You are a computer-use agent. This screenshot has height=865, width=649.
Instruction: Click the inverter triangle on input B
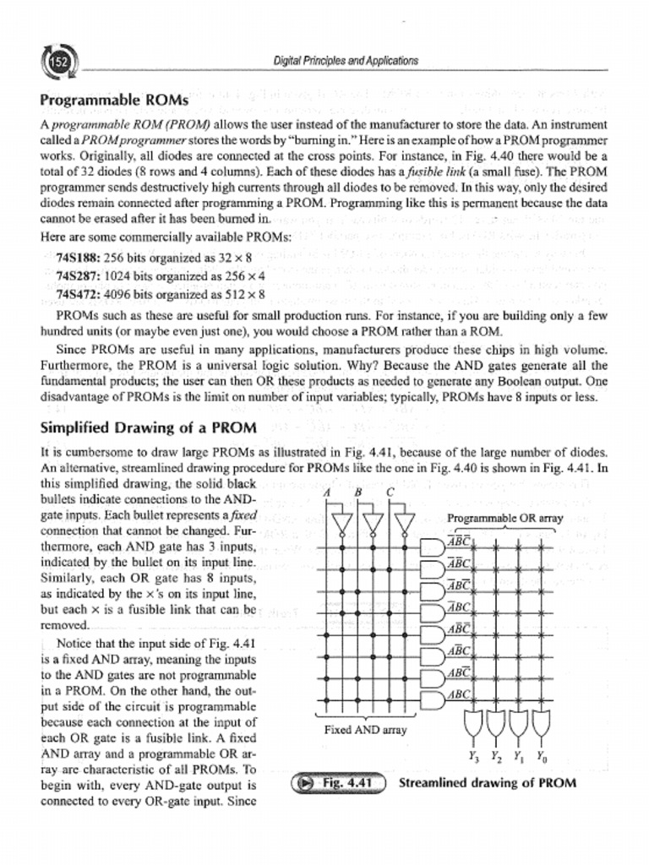point(373,525)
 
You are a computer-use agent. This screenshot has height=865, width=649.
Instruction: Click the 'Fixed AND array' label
point(366,729)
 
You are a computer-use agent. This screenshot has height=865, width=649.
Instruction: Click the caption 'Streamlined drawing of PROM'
point(487,782)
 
